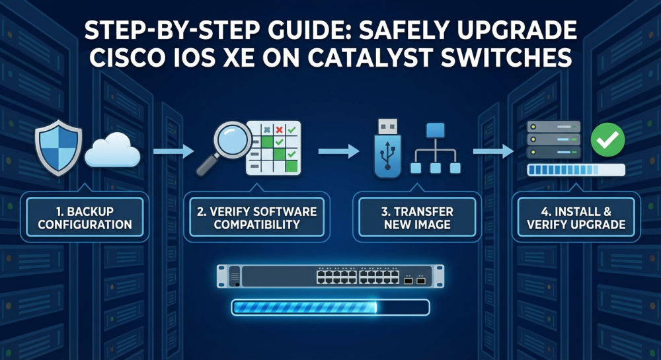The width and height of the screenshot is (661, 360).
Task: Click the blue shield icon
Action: tap(59, 147)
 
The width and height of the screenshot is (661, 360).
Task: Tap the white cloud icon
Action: tap(112, 150)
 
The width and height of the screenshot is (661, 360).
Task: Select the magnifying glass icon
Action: tap(223, 147)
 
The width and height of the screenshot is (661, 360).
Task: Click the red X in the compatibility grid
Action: tap(279, 129)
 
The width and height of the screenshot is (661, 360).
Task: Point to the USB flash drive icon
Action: tap(387, 148)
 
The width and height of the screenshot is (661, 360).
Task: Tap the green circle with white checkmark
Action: tap(607, 140)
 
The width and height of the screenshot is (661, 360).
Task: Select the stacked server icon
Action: tap(554, 139)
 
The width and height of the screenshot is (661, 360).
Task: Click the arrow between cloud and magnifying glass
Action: tap(173, 151)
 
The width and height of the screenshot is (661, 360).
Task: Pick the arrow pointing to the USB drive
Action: tap(338, 151)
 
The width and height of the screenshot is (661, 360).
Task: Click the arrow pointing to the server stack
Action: tap(493, 151)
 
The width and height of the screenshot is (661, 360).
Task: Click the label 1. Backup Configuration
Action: tap(85, 218)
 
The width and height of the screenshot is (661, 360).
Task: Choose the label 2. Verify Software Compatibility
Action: tap(256, 218)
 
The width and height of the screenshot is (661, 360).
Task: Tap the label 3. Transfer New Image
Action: tap(417, 218)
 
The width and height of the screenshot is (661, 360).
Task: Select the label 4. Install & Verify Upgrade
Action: tap(576, 218)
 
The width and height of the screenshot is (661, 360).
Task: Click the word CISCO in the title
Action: tap(127, 57)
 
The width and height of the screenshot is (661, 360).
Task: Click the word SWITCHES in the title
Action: tap(506, 57)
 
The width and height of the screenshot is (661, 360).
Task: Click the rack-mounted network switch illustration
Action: tap(330, 276)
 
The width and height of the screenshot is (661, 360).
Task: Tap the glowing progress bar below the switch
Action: tap(330, 307)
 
